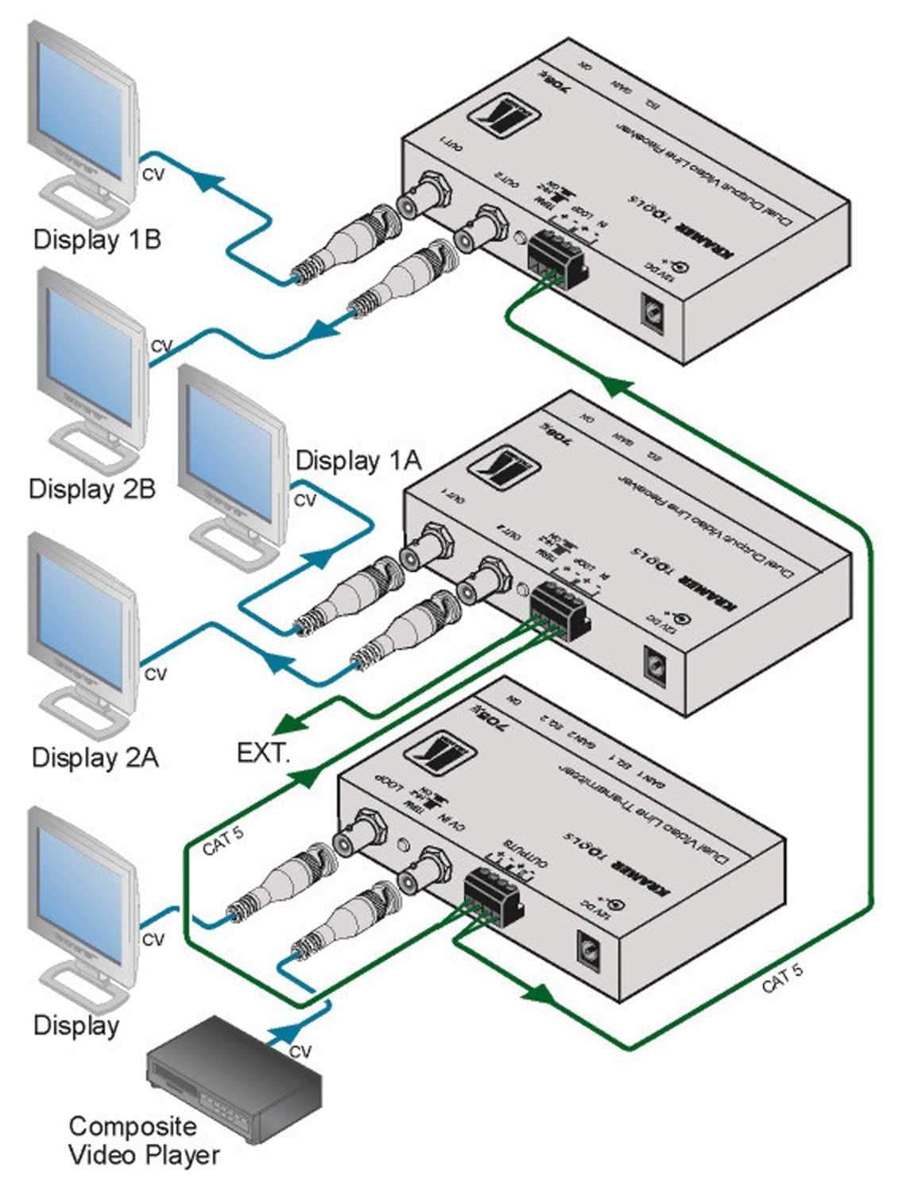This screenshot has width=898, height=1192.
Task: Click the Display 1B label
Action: [x=97, y=238]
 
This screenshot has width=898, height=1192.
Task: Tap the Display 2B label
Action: [x=92, y=489]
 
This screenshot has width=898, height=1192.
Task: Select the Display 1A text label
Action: [x=358, y=460]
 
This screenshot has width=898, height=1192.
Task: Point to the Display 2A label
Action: [x=95, y=757]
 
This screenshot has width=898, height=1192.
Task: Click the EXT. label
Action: [x=264, y=752]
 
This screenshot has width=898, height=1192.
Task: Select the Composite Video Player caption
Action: [x=143, y=1140]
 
